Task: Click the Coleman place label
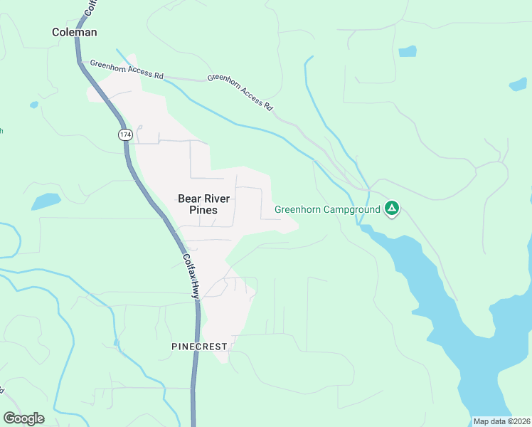click(75, 32)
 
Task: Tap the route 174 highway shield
click(125, 134)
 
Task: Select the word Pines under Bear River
click(198, 211)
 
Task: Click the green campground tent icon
click(391, 209)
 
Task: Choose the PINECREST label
click(199, 347)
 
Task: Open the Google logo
click(23, 418)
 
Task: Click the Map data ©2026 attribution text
click(501, 421)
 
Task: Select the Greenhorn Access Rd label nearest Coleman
click(127, 70)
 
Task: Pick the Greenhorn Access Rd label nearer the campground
click(240, 91)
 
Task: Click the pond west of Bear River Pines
click(46, 201)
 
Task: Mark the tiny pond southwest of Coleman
click(33, 105)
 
